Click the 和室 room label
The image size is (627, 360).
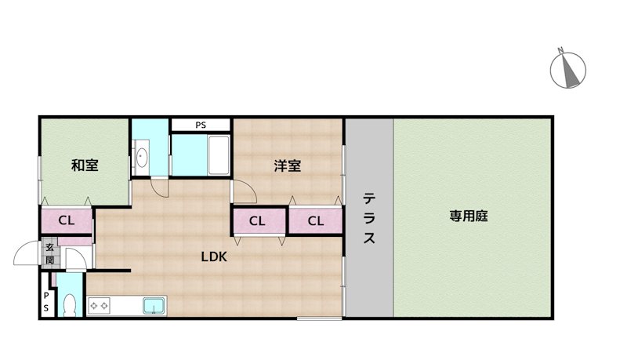point(85,165)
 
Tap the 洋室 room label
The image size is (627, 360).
point(288,165)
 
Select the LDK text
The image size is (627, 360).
point(214,256)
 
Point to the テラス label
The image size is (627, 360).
point(369,219)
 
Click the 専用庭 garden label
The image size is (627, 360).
point(469,216)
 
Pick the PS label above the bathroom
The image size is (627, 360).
point(201,125)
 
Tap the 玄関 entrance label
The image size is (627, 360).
point(49,253)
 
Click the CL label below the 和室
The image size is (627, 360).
point(67,220)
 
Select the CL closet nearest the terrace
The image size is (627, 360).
point(315,221)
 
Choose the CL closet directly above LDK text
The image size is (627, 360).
point(257,221)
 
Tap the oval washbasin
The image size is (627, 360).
point(142,158)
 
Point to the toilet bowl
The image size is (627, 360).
point(70,304)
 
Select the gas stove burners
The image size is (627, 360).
point(100,305)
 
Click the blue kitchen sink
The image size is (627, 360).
point(153,305)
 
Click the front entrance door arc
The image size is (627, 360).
point(27,253)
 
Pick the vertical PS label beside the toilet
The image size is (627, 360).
point(46,302)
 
